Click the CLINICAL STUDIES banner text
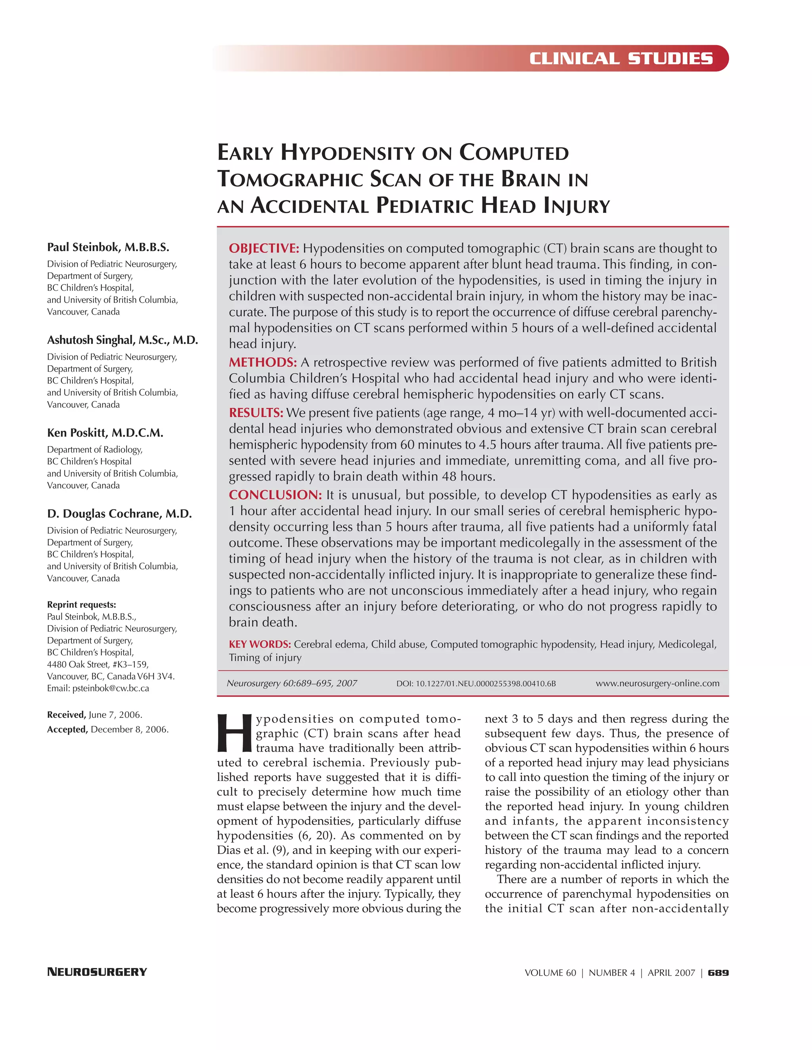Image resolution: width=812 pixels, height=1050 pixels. point(620,59)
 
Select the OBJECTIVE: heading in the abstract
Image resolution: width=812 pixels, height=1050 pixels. point(264,248)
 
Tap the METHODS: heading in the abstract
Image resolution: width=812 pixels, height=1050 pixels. point(262,363)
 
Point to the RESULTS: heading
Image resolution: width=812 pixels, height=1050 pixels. point(255,413)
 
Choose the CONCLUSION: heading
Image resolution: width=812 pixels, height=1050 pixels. point(275,495)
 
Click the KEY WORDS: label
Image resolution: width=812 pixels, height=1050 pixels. point(260,644)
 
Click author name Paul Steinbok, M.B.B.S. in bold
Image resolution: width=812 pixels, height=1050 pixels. point(108,248)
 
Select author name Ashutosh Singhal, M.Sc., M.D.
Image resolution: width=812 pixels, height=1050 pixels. point(122,340)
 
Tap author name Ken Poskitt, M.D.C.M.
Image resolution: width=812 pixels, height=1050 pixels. point(105,433)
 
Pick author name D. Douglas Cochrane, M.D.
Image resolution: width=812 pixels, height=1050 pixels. point(119,514)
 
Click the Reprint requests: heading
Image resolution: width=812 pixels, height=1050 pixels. point(81,605)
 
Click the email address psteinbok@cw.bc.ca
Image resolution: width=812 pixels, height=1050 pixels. point(111,689)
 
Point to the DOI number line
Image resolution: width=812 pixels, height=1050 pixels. point(476,683)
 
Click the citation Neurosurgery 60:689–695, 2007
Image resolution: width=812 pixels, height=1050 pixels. point(291,683)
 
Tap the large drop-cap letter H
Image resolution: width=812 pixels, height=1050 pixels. point(234,734)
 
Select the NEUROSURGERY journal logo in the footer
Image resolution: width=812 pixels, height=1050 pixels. point(97,972)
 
